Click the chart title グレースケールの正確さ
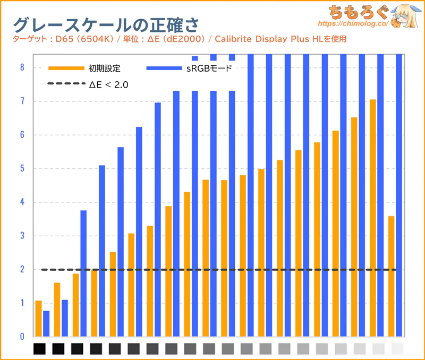pyautogui.click(x=106, y=24)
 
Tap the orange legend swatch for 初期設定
pyautogui.click(x=66, y=68)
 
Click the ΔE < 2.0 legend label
pyautogui.click(x=109, y=84)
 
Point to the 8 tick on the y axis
pyautogui.click(x=22, y=67)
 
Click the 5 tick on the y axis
pyautogui.click(x=22, y=169)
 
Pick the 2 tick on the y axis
pyautogui.click(x=22, y=270)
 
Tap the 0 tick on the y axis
pyautogui.click(x=22, y=337)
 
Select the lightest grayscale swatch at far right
pyautogui.click(x=397, y=349)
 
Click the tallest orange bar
pyautogui.click(x=373, y=218)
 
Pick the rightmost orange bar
pyautogui.click(x=392, y=276)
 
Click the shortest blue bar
pyautogui.click(x=46, y=323)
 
